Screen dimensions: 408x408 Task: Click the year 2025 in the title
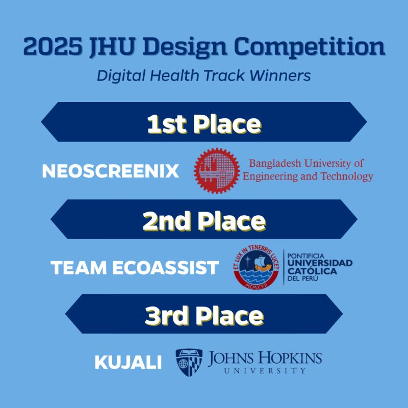click(53, 46)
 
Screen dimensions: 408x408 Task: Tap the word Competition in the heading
click(309, 47)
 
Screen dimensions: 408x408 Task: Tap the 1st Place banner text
click(204, 124)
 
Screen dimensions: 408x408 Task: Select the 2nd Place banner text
click(205, 221)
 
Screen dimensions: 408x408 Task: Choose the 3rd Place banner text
click(205, 316)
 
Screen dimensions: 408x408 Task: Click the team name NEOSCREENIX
click(110, 171)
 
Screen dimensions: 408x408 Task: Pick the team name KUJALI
click(128, 362)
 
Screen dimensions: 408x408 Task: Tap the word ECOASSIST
click(165, 268)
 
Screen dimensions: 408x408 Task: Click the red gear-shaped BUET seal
click(217, 171)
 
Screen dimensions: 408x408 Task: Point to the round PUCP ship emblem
click(256, 267)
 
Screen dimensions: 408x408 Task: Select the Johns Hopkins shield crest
click(189, 362)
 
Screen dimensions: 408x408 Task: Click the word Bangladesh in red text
click(275, 164)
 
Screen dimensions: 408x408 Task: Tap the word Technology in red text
click(347, 176)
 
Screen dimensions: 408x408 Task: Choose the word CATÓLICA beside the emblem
click(312, 271)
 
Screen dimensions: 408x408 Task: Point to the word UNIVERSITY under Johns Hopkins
click(265, 371)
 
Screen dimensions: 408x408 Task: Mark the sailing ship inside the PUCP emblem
click(263, 263)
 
